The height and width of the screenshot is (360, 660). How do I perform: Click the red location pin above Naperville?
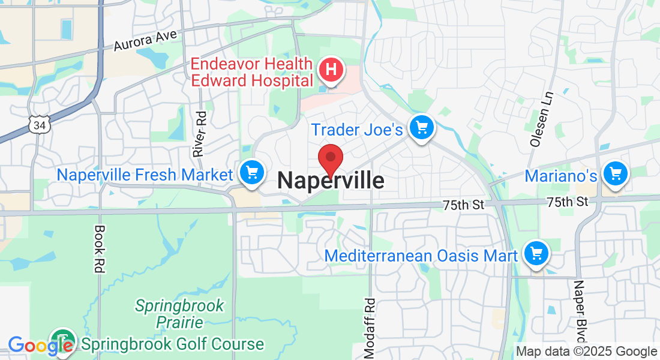[330, 159]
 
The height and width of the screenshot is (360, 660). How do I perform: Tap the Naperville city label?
[331, 181]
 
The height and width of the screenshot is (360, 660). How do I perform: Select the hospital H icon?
[330, 71]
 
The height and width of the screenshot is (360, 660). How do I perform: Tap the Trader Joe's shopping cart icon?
[422, 127]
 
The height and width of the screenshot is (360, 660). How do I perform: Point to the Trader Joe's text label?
[356, 129]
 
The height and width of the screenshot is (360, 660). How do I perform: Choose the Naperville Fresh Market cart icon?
[252, 173]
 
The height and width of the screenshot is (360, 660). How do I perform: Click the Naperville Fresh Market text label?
[144, 175]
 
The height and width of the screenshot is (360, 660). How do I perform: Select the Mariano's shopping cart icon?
[615, 175]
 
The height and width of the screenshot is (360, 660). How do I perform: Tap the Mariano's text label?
[561, 176]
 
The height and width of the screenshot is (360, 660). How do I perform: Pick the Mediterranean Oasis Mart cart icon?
[536, 254]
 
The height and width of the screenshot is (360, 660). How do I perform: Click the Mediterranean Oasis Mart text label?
[421, 256]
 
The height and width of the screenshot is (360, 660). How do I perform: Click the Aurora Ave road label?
[146, 40]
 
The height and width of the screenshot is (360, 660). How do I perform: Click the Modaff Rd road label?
[370, 326]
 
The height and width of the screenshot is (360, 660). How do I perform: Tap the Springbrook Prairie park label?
[179, 314]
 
